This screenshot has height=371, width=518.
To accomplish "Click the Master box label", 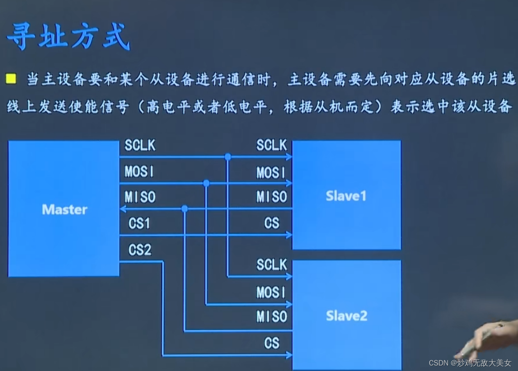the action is click(x=64, y=210).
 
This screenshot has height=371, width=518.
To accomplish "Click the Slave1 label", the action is click(x=346, y=196).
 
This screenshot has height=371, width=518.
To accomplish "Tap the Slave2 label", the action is click(x=347, y=316).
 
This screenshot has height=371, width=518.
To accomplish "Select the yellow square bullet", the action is click(x=11, y=79).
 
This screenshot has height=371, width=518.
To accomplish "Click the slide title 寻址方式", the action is click(x=69, y=36).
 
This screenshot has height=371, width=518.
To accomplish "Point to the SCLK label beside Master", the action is click(x=140, y=145).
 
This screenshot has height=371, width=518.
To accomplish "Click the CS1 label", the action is click(x=139, y=224).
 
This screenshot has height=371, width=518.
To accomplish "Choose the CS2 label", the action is click(x=139, y=250).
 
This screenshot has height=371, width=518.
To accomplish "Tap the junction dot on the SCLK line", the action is click(x=228, y=157).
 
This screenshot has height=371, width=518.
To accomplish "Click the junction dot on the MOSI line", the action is click(x=206, y=183).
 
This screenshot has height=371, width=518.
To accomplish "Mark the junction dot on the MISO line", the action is click(x=185, y=209).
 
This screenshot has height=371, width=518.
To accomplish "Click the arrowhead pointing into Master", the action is click(x=123, y=209).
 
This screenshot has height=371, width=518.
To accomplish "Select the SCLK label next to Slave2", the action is click(x=272, y=265).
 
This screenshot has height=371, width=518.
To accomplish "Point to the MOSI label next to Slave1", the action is click(x=271, y=173).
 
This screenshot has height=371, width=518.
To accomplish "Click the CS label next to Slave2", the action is click(x=272, y=343).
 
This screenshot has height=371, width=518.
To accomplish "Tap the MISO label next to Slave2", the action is click(x=272, y=317).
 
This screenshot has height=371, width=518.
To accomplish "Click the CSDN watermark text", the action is click(x=470, y=363).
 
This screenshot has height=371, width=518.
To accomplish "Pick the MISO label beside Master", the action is click(x=140, y=197).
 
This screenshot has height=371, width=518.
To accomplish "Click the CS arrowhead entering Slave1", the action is click(x=289, y=235).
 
